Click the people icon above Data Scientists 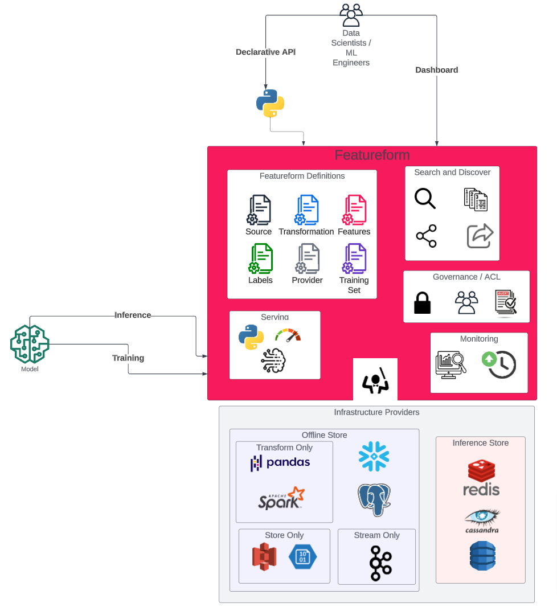click(x=351, y=15)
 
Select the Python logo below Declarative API click(x=270, y=103)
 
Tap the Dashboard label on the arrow click(x=436, y=70)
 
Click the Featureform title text click(x=372, y=155)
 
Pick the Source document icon click(x=259, y=210)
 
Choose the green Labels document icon click(x=261, y=259)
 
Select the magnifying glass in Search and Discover click(x=425, y=198)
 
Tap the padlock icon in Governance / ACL click(x=422, y=302)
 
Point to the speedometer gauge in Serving click(x=288, y=335)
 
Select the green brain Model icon click(x=30, y=344)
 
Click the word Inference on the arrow click(x=133, y=315)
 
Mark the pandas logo click(x=280, y=462)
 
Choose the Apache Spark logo click(x=281, y=498)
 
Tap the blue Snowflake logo click(x=374, y=456)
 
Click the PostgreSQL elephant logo click(x=374, y=499)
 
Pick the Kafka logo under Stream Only click(x=376, y=563)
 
